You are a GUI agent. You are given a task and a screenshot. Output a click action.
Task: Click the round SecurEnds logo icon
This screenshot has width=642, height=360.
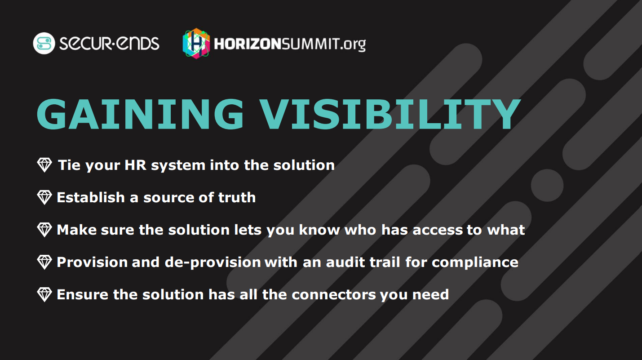(44, 44)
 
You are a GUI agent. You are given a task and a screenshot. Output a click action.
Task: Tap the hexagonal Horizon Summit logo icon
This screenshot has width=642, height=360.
(196, 43)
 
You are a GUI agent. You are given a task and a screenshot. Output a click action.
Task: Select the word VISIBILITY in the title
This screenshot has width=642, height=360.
(391, 114)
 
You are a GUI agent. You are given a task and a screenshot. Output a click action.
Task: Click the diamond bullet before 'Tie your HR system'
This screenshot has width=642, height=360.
(44, 165)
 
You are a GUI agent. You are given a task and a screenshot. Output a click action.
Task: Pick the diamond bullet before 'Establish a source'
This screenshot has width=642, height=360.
(44, 197)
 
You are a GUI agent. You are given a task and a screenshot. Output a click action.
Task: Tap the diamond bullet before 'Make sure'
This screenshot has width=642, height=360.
(44, 230)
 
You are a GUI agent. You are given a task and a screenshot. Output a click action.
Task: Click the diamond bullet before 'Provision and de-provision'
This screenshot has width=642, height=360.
(44, 262)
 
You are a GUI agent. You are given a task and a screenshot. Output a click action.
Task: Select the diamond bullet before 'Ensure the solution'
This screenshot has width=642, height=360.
(44, 294)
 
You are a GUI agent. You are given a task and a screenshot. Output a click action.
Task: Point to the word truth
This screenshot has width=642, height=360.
(237, 197)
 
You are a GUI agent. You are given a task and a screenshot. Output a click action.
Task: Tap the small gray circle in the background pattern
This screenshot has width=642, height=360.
(547, 185)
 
